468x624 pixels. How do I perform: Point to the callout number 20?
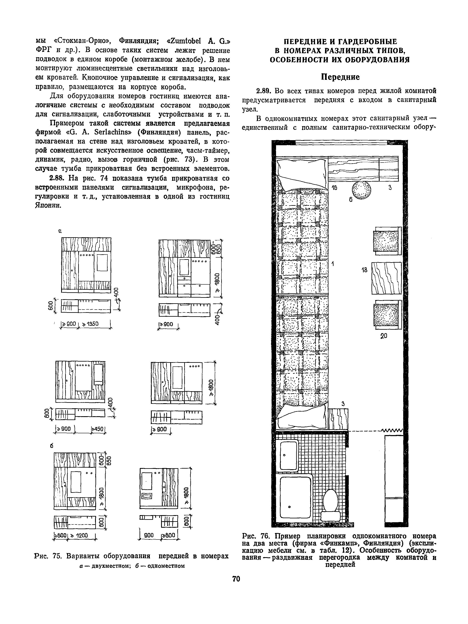click(x=384, y=336)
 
